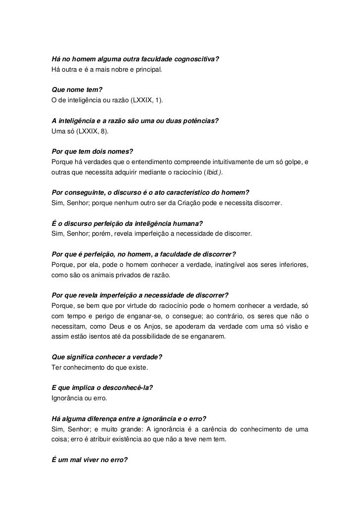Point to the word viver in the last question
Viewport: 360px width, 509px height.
pyautogui.click(x=86, y=460)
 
